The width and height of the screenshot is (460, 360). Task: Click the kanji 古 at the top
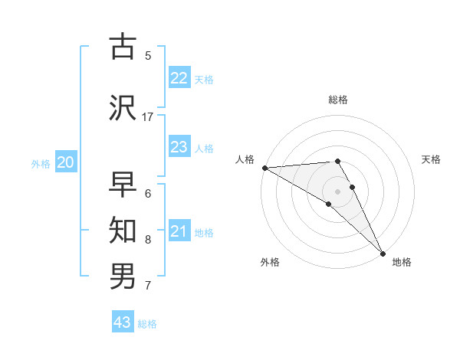click(x=123, y=47)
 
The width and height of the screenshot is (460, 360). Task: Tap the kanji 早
click(x=123, y=185)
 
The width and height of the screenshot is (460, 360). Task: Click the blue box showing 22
click(x=179, y=78)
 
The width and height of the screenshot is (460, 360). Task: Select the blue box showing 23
click(x=179, y=147)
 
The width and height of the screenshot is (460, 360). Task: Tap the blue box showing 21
click(x=179, y=231)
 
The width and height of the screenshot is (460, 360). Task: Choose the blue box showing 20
click(x=66, y=162)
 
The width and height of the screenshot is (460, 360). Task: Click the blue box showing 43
click(x=123, y=322)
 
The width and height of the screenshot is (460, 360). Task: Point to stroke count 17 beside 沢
click(x=148, y=116)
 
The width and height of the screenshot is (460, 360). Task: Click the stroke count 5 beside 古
click(x=148, y=55)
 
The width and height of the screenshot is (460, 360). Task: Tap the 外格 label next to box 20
click(x=41, y=163)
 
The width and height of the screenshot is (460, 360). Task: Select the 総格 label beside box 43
click(x=147, y=324)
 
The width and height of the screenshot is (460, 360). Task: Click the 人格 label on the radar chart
click(x=245, y=159)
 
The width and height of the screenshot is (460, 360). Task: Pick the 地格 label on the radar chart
click(x=402, y=262)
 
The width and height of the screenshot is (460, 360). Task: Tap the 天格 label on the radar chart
click(x=432, y=159)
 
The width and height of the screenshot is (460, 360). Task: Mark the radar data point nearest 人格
click(x=264, y=168)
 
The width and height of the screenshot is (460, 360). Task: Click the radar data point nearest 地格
click(x=383, y=252)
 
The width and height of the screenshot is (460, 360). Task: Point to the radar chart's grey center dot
click(x=337, y=191)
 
